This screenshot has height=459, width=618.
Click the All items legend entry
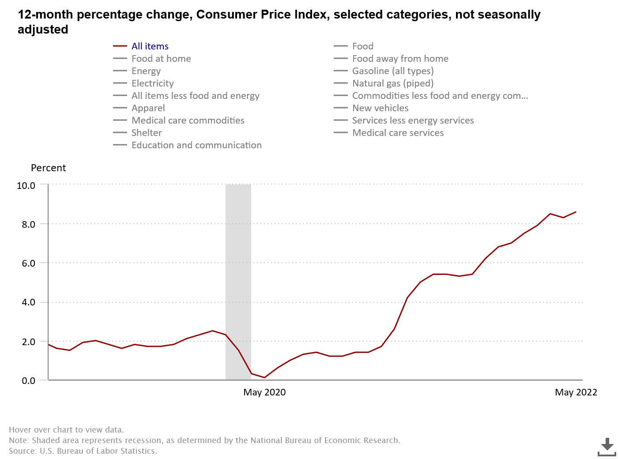click(150, 46)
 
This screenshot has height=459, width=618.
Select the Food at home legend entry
click(161, 59)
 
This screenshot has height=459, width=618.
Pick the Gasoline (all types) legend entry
click(392, 71)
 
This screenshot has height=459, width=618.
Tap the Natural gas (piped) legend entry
click(392, 83)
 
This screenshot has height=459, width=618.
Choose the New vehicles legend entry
click(380, 108)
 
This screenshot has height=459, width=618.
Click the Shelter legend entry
click(147, 133)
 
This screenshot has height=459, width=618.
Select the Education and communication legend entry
click(196, 145)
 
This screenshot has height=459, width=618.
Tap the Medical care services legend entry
click(398, 133)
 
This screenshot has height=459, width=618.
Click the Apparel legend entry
click(148, 108)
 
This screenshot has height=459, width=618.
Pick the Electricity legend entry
click(152, 83)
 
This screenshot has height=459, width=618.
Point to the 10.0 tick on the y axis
click(26, 185)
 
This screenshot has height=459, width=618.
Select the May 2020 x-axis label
click(264, 392)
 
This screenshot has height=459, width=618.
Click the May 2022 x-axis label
click(576, 392)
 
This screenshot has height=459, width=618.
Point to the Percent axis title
click(48, 168)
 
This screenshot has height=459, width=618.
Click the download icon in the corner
click(607, 447)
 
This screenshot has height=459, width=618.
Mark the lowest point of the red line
click(264, 377)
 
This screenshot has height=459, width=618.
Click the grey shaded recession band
click(238, 265)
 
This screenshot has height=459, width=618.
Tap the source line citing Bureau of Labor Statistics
click(83, 451)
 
